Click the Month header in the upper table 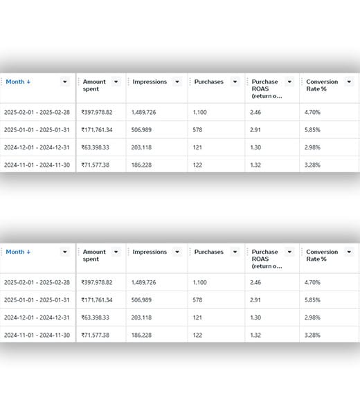click(x=18, y=82)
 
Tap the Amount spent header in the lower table click(x=94, y=255)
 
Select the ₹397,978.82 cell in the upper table click(x=97, y=112)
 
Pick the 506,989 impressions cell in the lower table click(x=141, y=300)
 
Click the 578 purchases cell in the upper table click(x=197, y=130)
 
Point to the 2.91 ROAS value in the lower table click(x=255, y=300)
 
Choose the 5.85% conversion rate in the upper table click(x=312, y=130)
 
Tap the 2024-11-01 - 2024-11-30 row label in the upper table click(x=37, y=165)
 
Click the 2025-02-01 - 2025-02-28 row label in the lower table click(x=37, y=282)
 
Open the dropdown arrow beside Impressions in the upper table click(x=177, y=82)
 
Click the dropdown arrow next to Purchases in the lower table click(x=235, y=252)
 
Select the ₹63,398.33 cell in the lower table click(x=95, y=317)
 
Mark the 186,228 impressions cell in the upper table click(x=141, y=165)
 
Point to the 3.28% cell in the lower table click(x=312, y=335)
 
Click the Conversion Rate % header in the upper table click(x=322, y=85)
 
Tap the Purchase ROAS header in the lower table click(x=267, y=259)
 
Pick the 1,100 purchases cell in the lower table click(x=200, y=282)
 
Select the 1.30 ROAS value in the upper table click(x=255, y=147)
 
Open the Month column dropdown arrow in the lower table click(x=65, y=252)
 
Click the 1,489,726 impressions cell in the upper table click(x=143, y=112)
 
